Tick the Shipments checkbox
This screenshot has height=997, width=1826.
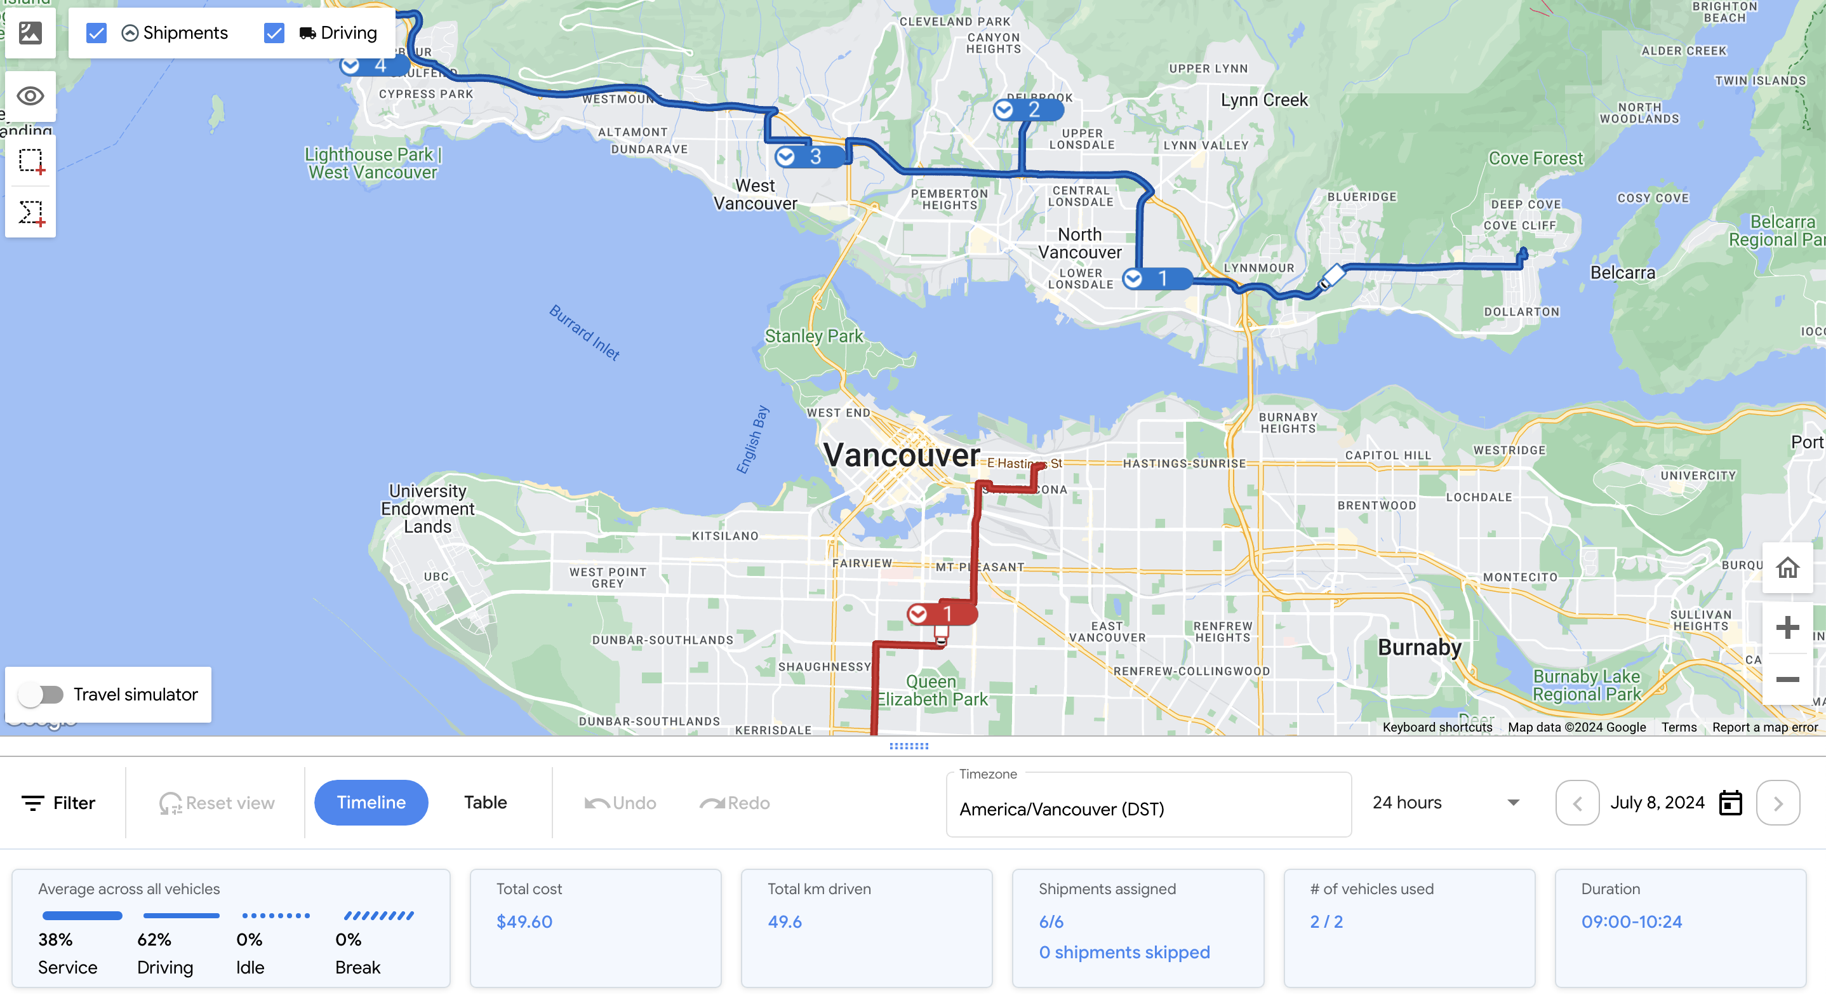coord(97,33)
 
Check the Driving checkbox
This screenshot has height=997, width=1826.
coord(274,33)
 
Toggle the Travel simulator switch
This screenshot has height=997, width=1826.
coord(41,694)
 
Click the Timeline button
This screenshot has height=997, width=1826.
coord(371,802)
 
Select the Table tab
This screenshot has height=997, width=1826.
coord(486,802)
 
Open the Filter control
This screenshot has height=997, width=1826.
coord(59,803)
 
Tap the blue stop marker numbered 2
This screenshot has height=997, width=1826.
coord(1028,110)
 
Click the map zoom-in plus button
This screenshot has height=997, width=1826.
coord(1787,627)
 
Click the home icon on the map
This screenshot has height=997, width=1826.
coord(1787,567)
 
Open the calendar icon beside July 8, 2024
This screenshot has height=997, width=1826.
coord(1730,803)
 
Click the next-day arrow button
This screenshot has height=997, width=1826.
coord(1778,803)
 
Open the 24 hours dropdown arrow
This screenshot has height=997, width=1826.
coord(1514,803)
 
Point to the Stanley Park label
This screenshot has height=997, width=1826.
coord(813,336)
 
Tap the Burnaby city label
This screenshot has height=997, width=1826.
coord(1419,647)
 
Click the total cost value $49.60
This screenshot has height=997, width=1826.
coord(524,921)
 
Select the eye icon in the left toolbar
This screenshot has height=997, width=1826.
coord(30,96)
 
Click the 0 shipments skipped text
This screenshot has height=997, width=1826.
coord(1124,953)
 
